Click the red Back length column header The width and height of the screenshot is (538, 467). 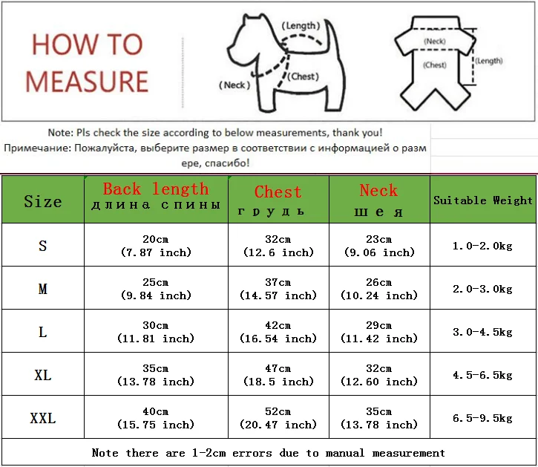tap(156, 189)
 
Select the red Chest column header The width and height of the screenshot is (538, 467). tap(278, 192)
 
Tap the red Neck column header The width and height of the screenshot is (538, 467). tap(378, 190)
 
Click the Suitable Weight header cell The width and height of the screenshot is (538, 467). tap(483, 200)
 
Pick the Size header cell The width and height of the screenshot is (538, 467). tap(42, 201)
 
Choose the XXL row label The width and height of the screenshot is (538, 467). tap(42, 418)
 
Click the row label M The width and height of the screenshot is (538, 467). tap(42, 289)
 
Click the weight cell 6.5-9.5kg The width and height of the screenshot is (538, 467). tap(483, 418)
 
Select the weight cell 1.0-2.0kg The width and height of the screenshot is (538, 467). tap(483, 246)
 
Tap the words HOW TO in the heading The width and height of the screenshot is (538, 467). tap(87, 45)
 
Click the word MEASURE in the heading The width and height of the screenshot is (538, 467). tap(87, 81)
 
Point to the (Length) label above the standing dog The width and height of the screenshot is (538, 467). tap(301, 26)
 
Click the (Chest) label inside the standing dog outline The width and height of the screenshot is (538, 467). tap(304, 76)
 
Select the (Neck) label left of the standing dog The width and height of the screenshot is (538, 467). tap(234, 85)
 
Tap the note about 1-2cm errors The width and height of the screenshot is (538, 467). tap(269, 452)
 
